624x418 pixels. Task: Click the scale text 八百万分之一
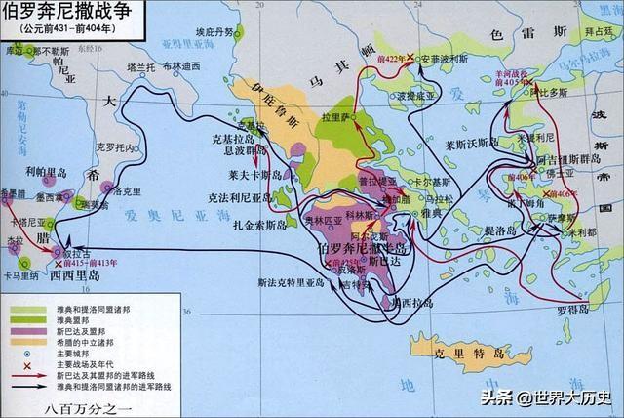pos(68,404)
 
